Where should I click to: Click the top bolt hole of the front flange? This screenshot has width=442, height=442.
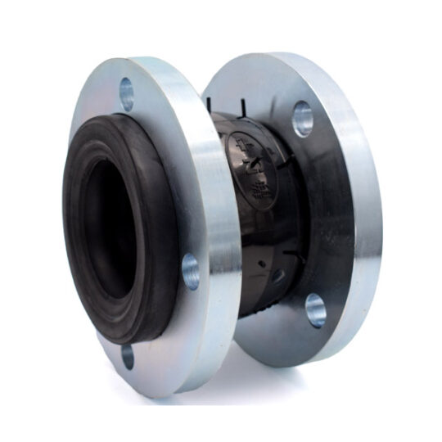(x=127, y=92)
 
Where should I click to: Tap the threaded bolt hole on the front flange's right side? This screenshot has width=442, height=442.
(x=191, y=271)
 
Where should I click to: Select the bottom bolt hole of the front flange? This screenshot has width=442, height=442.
(x=128, y=356)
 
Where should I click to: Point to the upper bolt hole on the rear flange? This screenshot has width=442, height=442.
(x=302, y=119)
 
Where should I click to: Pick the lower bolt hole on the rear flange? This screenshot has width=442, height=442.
(x=315, y=309)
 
